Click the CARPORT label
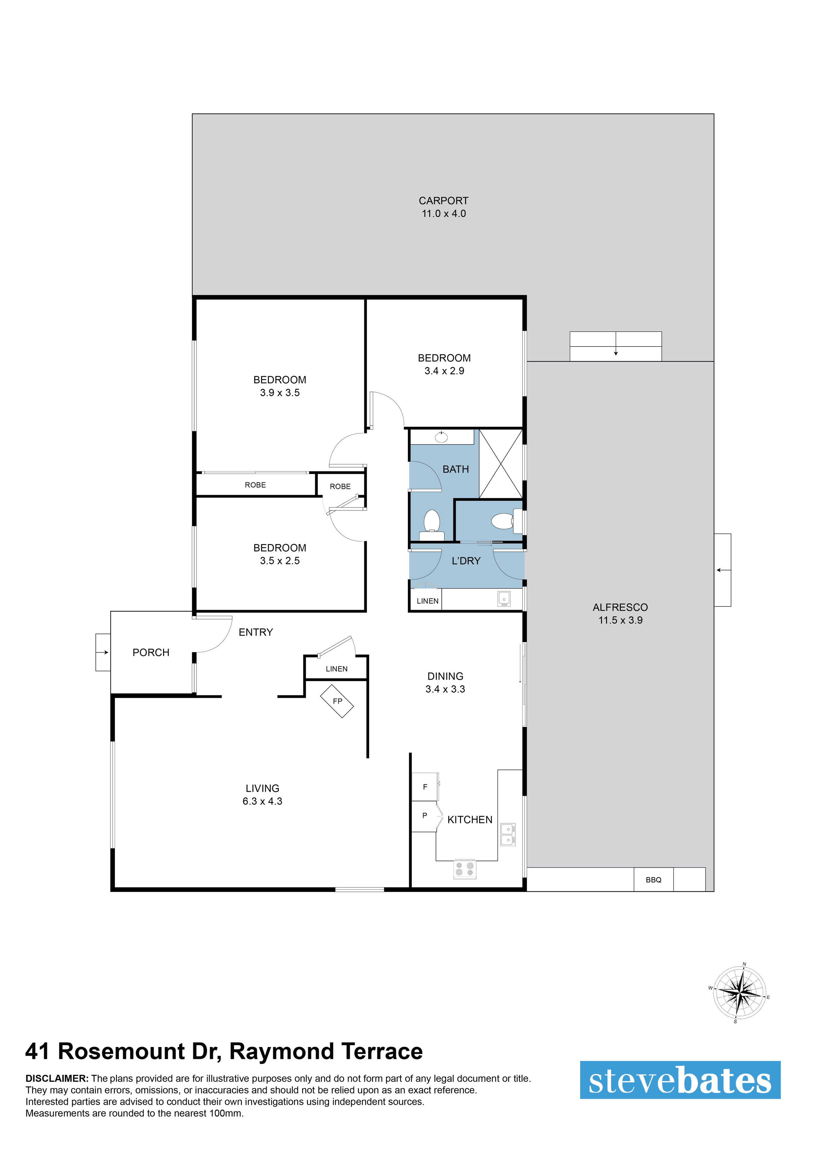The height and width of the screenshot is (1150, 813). pos(443,201)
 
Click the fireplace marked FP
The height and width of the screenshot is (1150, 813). pos(337,701)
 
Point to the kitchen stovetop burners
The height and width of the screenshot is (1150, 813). pos(465,869)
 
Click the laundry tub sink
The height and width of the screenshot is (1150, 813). pos(504,599)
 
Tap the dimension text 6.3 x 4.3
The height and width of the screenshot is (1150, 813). pos(263,801)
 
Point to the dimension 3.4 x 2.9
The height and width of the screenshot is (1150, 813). pos(444,371)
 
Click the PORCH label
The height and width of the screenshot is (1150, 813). pos(151,653)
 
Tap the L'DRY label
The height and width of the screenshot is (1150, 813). pos(466,561)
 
